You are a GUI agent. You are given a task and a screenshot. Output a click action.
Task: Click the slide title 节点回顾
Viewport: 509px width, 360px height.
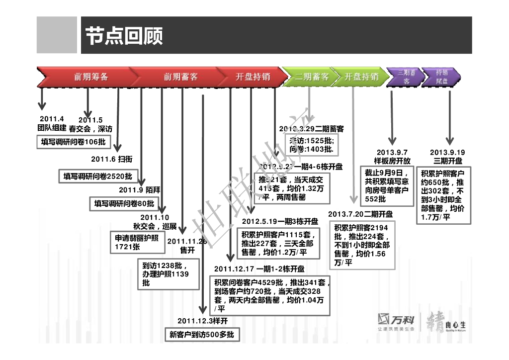click(124, 35)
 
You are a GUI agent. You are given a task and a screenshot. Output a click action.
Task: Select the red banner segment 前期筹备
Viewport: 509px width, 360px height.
click(91, 77)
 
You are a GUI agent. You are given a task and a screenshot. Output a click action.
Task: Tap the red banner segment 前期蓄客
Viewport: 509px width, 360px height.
click(180, 77)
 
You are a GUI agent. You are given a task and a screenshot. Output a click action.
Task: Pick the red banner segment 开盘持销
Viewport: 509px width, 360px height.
click(253, 77)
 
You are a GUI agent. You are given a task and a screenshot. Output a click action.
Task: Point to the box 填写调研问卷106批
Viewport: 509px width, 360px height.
click(74, 142)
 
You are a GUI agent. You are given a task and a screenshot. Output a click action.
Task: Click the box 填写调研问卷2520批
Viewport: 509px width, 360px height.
click(98, 176)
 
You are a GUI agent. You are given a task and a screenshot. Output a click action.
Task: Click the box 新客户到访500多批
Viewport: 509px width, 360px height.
click(201, 335)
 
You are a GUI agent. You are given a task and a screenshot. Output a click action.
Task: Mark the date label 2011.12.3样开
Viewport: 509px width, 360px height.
click(202, 321)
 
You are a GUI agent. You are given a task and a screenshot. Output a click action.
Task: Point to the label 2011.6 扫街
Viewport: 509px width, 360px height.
click(111, 159)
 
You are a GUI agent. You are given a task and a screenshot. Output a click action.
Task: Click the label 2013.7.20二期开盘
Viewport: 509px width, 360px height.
click(360, 214)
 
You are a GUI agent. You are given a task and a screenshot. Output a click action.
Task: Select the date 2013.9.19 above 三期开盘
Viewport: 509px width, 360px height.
click(447, 152)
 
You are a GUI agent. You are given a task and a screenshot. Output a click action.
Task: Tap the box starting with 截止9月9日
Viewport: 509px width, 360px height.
click(387, 185)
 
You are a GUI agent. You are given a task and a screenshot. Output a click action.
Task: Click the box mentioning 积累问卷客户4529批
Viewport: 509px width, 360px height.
click(271, 296)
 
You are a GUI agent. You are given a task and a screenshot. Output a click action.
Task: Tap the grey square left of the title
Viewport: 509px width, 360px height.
click(57, 35)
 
